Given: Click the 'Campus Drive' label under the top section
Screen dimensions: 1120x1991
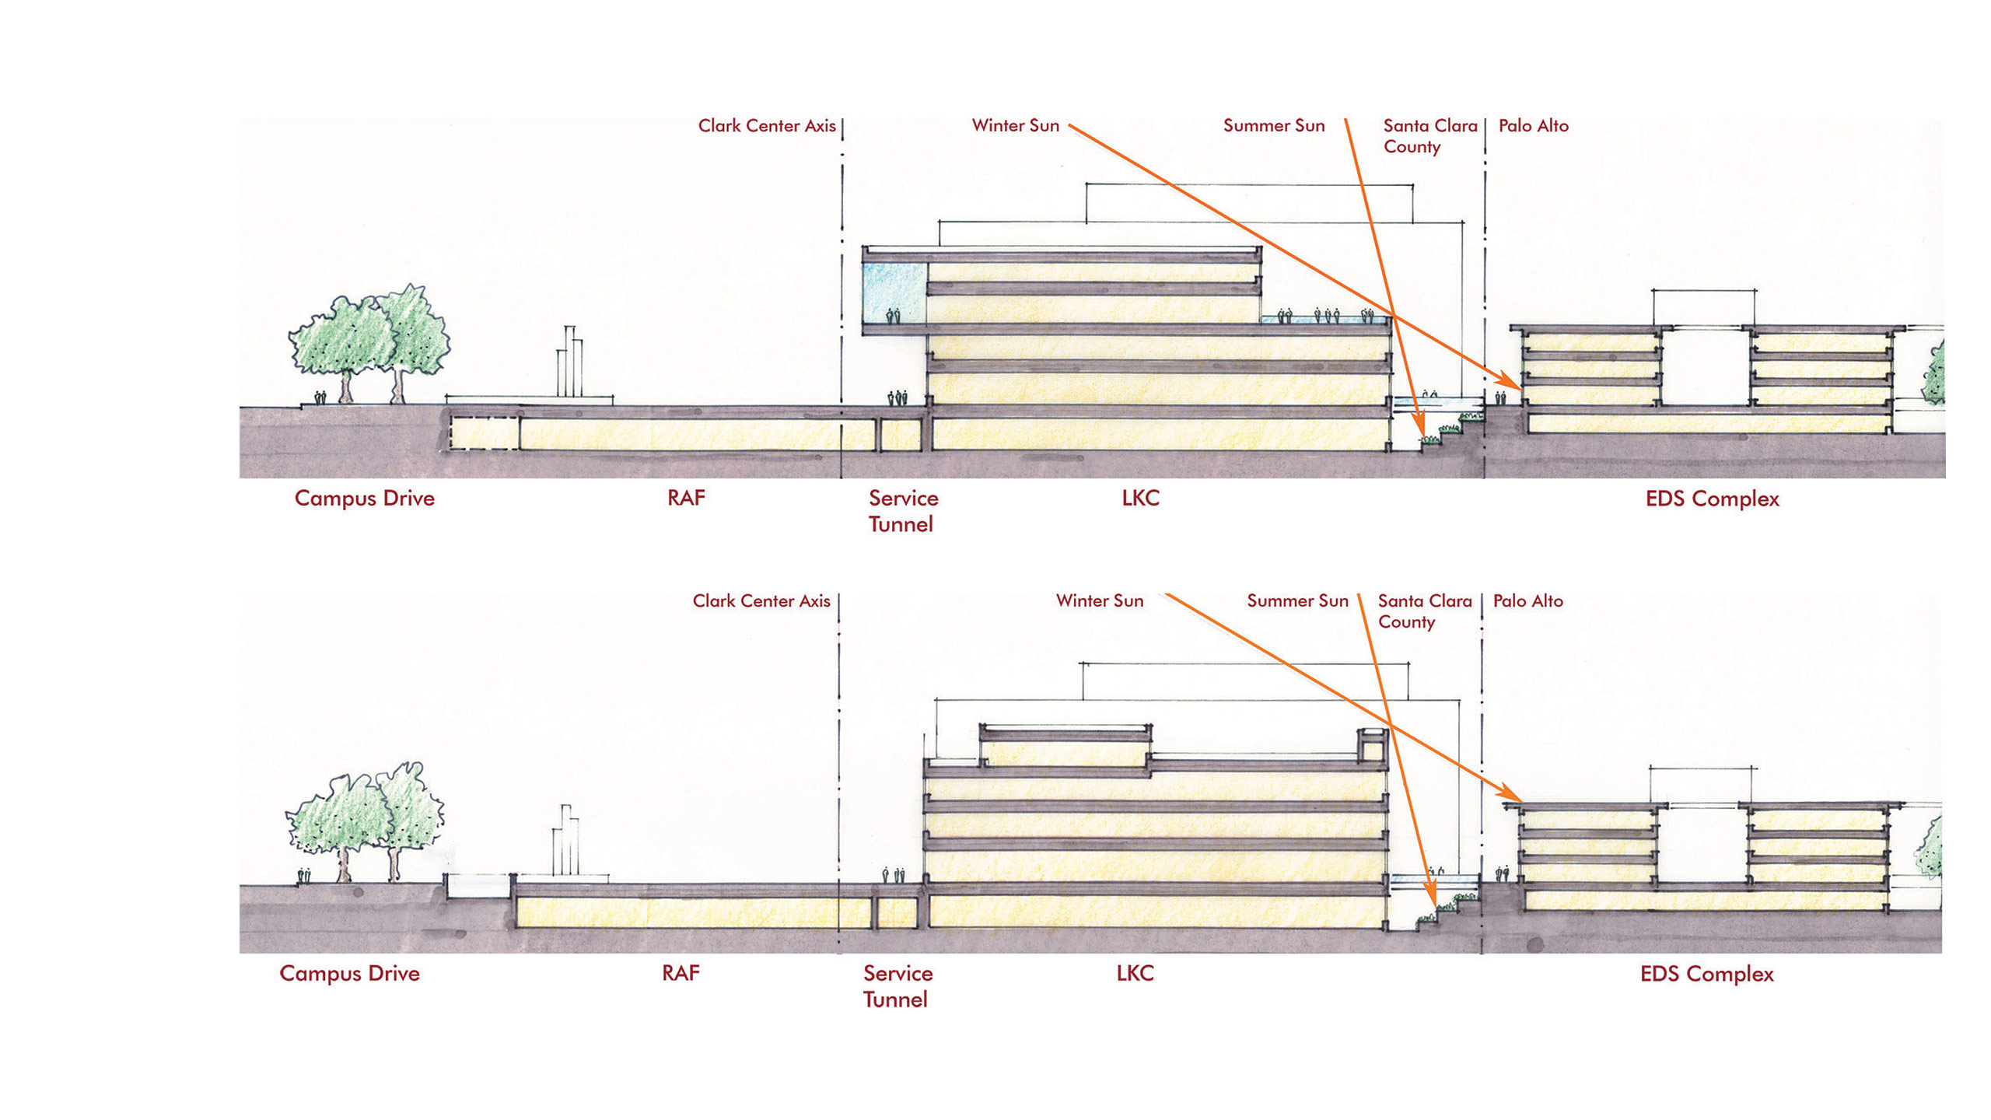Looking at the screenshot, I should tap(364, 499).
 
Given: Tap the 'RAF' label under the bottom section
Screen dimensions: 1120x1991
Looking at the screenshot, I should tap(681, 973).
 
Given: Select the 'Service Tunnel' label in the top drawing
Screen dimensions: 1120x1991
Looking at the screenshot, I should tap(903, 511).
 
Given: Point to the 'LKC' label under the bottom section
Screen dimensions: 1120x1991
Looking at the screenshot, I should tap(1135, 973).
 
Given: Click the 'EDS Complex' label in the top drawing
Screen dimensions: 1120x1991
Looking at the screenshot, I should tap(1712, 499).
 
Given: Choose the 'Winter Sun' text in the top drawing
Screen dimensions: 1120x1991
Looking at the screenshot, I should tap(1015, 126).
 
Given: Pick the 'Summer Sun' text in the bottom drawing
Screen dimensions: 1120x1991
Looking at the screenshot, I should tap(1297, 601).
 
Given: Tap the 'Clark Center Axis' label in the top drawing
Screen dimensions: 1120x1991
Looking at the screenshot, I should tap(766, 126).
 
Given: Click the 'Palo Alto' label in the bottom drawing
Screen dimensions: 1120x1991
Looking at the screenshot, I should tap(1527, 601).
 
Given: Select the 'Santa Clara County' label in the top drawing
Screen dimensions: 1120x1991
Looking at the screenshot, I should tap(1429, 136).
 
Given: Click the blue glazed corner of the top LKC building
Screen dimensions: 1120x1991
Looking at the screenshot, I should tap(894, 293).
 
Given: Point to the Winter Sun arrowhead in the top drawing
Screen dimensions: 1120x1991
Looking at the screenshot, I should tap(1513, 385).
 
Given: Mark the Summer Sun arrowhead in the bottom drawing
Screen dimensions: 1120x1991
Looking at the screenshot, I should tap(1431, 894).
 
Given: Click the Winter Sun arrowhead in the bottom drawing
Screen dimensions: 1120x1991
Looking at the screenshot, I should tap(1515, 796).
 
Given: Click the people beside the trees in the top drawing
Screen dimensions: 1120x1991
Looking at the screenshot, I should tap(320, 397).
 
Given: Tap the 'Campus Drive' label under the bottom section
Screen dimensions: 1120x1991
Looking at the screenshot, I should tap(349, 974).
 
